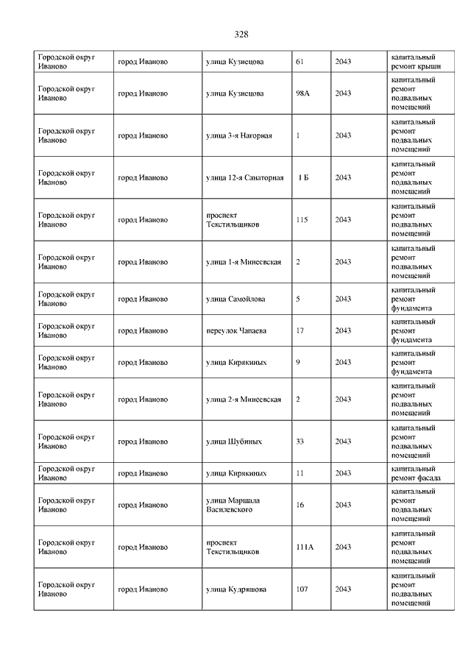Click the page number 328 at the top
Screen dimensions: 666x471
coord(241,35)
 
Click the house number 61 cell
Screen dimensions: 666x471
coord(300,62)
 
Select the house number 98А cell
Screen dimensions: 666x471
coord(302,93)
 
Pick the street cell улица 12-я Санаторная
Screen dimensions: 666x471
coord(244,177)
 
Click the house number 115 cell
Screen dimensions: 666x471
coord(302,219)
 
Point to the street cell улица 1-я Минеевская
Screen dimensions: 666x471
coord(244,262)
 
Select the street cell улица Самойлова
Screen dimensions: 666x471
coord(235,299)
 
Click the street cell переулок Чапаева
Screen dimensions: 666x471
coord(235,330)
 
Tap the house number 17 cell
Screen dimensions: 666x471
coord(300,330)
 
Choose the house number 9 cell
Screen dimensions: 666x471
coord(297,362)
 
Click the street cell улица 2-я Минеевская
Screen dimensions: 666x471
coord(244,399)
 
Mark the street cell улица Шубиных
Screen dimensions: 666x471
coord(234,442)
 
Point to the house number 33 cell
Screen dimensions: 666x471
coord(300,442)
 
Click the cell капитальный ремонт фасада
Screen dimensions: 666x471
coord(417,473)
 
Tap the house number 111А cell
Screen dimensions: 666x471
coord(305,547)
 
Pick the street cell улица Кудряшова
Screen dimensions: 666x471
coord(236,589)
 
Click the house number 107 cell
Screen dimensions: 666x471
coord(302,589)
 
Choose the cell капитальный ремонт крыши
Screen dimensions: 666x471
coord(417,62)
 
